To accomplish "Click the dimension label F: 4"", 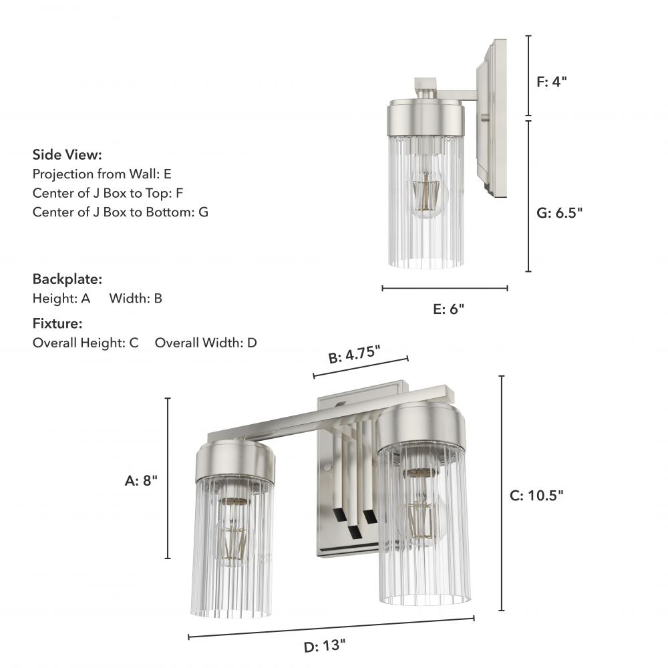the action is click(552, 81).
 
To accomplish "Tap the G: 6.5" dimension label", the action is click(559, 212).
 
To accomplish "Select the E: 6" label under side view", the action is click(449, 309).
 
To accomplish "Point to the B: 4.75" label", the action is click(354, 355).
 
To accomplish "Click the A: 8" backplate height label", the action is click(141, 480).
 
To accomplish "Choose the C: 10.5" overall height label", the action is click(536, 496).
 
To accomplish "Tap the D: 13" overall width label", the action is click(325, 646).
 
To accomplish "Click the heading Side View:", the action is click(67, 155).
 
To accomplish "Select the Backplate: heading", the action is click(67, 279).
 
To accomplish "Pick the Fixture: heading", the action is click(57, 323).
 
